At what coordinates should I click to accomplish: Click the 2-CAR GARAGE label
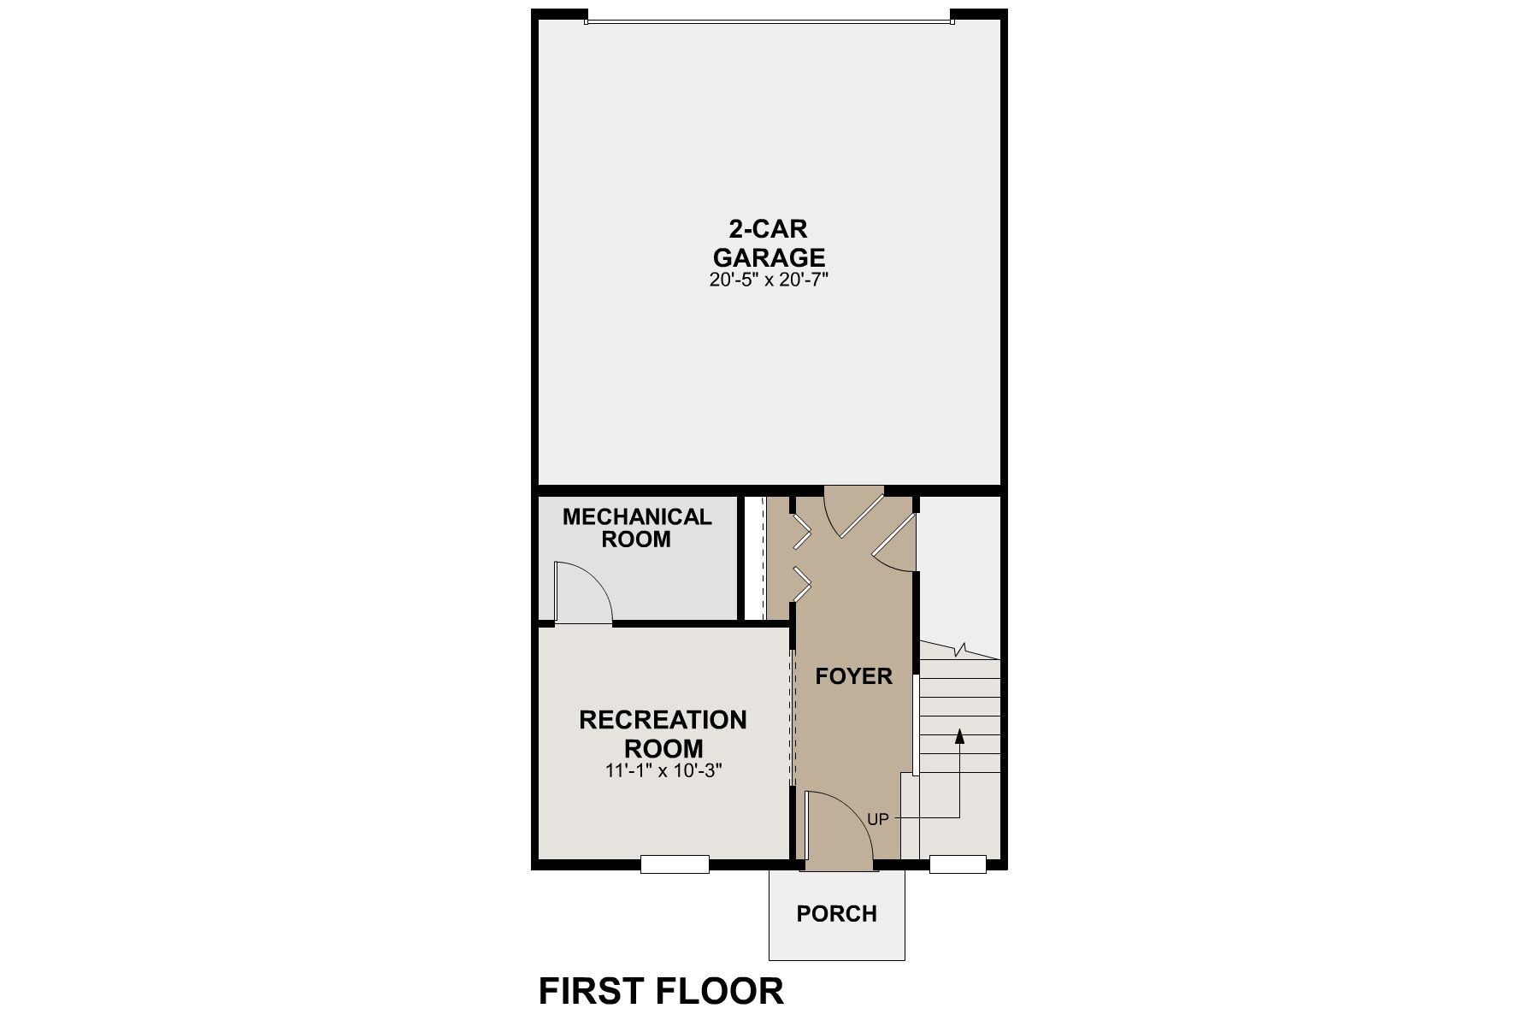pos(769,244)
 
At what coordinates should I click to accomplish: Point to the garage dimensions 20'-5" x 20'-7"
pos(769,280)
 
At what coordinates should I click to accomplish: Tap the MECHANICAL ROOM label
pos(636,528)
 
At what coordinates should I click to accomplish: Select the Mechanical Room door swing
pos(581,592)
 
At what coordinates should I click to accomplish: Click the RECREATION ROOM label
pos(663,734)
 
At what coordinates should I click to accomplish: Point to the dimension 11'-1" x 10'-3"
pos(663,770)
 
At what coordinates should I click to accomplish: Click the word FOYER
pos(853,676)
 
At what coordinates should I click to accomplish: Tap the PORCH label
pos(836,914)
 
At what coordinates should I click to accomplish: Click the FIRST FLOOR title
pos(660,991)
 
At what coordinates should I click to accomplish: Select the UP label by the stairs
pos(878,819)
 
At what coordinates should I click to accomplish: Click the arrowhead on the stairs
pos(959,734)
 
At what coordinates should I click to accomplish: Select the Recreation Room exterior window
pos(675,864)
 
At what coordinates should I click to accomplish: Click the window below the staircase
pos(958,864)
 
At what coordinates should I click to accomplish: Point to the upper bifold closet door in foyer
pos(802,532)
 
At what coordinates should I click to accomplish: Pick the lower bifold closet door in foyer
pos(802,583)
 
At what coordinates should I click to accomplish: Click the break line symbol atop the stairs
pos(964,650)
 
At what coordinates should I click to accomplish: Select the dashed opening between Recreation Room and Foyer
pos(793,716)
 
